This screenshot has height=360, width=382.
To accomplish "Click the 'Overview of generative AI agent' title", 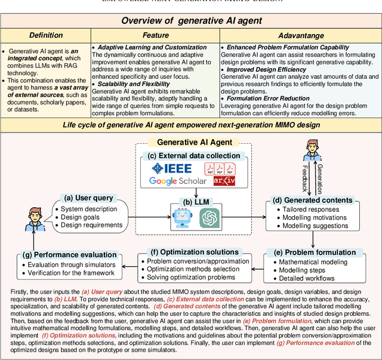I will click(191, 21).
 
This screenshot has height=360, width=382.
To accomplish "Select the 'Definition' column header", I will click(45, 36).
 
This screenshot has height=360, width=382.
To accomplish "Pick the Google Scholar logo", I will click(178, 181).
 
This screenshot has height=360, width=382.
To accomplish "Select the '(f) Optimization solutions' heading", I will click(189, 251).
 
